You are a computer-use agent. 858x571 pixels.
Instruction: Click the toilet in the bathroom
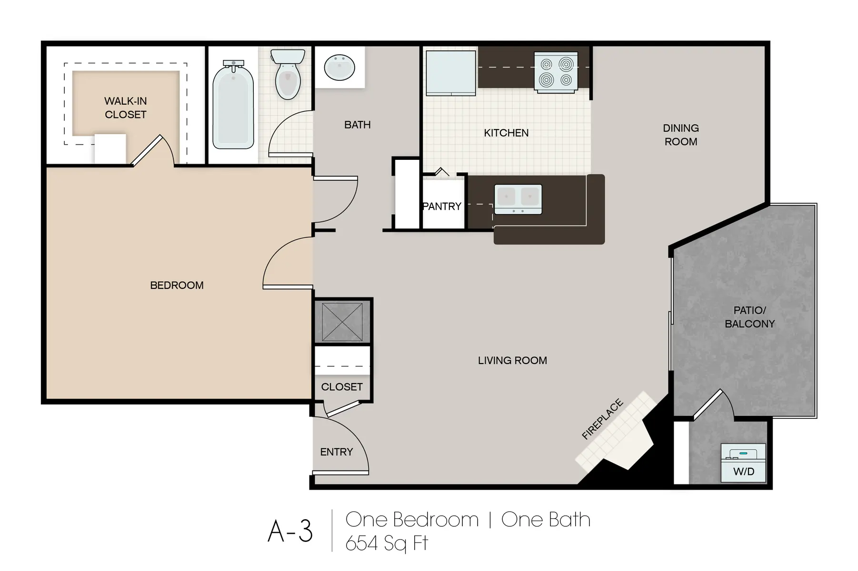click(x=288, y=75)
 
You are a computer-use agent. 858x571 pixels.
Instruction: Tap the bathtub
click(x=233, y=107)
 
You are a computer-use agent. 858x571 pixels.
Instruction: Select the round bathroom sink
click(x=339, y=68)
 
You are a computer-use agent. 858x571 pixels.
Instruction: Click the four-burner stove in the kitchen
click(x=556, y=71)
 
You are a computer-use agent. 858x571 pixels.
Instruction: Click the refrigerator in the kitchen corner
click(x=450, y=72)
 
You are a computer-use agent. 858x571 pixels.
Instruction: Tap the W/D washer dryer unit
click(x=743, y=463)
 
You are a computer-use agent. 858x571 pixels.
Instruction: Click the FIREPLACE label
click(x=602, y=419)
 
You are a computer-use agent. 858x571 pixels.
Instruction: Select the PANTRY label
click(x=442, y=207)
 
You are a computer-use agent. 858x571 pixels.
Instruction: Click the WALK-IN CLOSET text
click(x=126, y=108)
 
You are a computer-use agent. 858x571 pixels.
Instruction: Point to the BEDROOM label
click(x=177, y=285)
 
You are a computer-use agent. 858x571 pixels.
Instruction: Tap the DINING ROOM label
click(x=680, y=135)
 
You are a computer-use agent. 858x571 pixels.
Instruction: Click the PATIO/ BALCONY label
click(x=749, y=317)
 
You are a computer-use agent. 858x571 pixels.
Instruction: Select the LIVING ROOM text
click(x=512, y=361)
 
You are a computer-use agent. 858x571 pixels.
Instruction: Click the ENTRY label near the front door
click(x=336, y=452)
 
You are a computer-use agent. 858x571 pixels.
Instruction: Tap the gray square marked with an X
click(x=342, y=322)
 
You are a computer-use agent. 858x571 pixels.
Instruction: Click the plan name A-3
click(x=290, y=531)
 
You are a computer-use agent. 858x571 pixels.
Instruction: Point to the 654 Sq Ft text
click(x=387, y=543)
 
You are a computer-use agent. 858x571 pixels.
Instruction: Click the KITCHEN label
click(x=506, y=133)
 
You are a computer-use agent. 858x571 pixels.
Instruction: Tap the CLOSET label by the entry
click(x=342, y=387)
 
